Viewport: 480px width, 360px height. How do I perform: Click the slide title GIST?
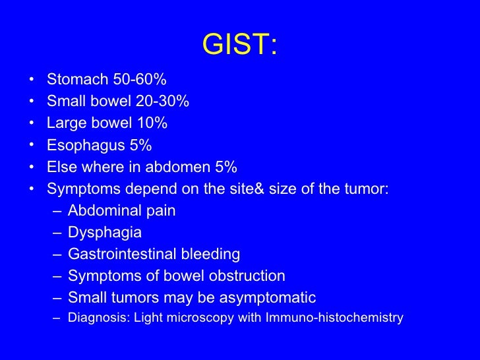pyautogui.click(x=240, y=45)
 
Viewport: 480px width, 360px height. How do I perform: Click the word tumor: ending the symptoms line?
pyautogui.click(x=367, y=189)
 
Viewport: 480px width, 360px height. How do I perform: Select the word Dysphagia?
pyautogui.click(x=105, y=233)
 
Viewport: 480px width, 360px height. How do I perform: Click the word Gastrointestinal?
pyautogui.click(x=121, y=255)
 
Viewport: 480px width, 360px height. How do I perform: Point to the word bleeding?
pyautogui.click(x=209, y=255)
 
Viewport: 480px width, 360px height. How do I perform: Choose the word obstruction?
pyautogui.click(x=251, y=276)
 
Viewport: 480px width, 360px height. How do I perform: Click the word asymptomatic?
pyautogui.click(x=269, y=298)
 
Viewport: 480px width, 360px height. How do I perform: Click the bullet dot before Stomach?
pyautogui.click(x=32, y=80)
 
